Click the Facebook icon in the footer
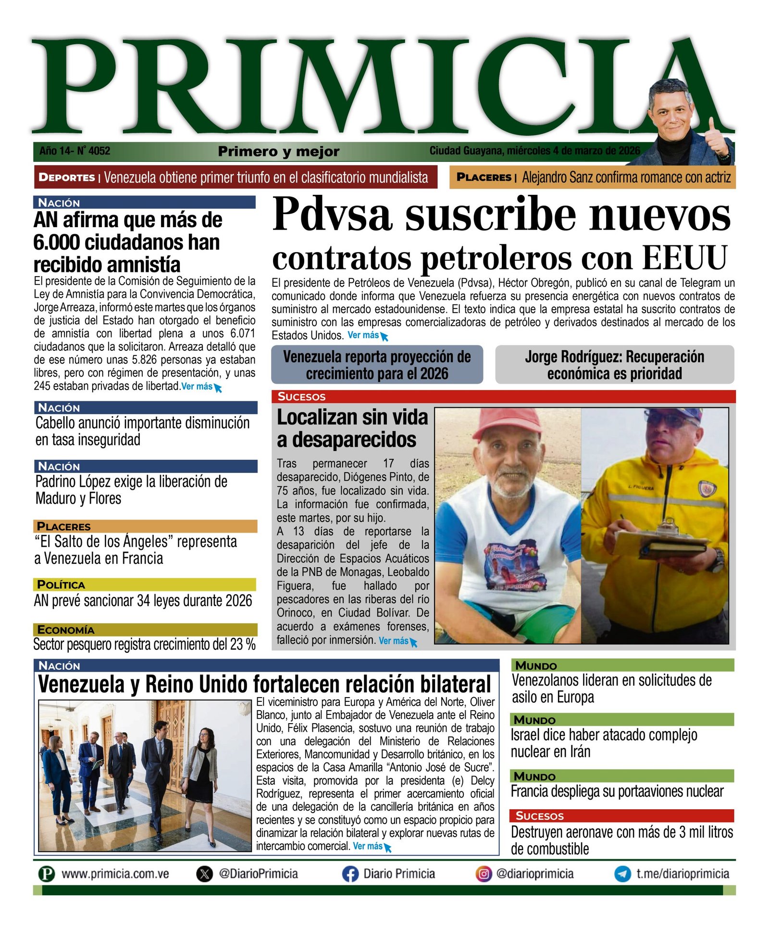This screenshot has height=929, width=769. pyautogui.click(x=350, y=874)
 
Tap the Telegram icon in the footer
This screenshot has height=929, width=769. pyautogui.click(x=622, y=874)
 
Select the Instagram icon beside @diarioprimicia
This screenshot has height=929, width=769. pyautogui.click(x=484, y=874)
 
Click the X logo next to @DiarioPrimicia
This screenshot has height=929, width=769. pyautogui.click(x=204, y=874)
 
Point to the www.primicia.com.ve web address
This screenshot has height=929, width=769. pyautogui.click(x=115, y=874)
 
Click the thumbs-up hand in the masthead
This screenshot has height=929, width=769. pyautogui.click(x=716, y=140)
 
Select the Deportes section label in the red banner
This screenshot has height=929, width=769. pyautogui.click(x=67, y=177)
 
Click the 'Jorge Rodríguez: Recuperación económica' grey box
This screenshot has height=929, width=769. pyautogui.click(x=614, y=365)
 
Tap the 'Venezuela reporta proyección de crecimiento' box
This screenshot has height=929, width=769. pyautogui.click(x=377, y=365)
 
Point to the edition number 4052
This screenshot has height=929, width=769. pyautogui.click(x=99, y=151)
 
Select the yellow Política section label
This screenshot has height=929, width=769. pyautogui.click(x=61, y=585)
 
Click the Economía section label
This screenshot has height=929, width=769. pyautogui.click(x=65, y=630)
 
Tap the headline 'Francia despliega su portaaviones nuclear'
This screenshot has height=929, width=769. pyautogui.click(x=617, y=791)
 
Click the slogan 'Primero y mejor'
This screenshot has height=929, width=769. pyautogui.click(x=279, y=152)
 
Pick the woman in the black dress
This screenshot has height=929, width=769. pyautogui.click(x=204, y=770)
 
